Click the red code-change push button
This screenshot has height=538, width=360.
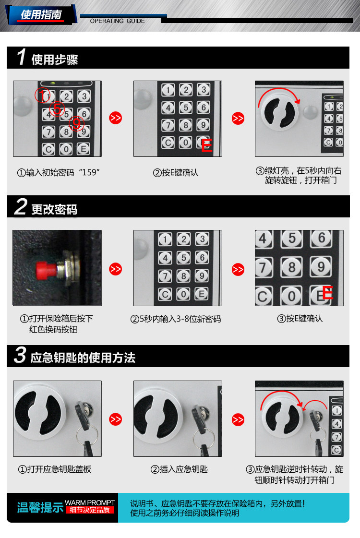click(47, 270)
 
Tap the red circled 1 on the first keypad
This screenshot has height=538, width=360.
click(43, 95)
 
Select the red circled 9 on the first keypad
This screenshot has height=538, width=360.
click(76, 123)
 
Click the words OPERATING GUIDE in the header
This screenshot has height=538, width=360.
click(118, 21)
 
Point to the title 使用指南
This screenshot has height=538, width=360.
click(41, 14)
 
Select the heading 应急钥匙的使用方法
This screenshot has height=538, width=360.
click(83, 358)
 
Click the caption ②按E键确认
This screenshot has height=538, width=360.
click(176, 173)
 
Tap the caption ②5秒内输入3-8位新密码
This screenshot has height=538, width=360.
click(176, 319)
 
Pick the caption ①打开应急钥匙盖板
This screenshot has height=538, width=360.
click(55, 469)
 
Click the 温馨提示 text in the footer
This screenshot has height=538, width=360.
click(40, 507)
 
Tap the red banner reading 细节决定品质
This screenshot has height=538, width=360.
click(90, 510)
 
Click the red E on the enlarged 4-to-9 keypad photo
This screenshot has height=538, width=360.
click(327, 293)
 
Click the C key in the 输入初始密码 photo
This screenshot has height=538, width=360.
click(48, 149)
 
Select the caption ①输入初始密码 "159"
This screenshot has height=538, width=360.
click(59, 172)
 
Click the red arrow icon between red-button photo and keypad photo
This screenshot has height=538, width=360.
click(116, 269)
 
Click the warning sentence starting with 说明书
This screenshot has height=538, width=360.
click(217, 504)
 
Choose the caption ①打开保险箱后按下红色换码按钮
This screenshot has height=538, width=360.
click(56, 324)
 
